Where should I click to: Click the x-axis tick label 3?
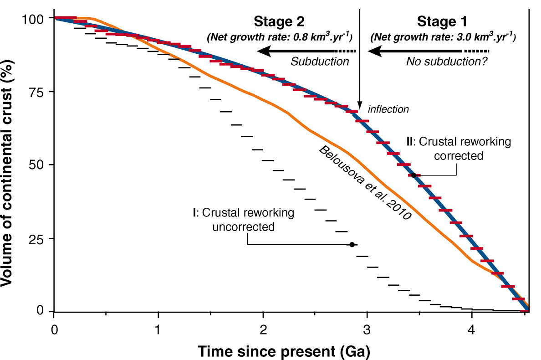367,328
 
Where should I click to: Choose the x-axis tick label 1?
158,328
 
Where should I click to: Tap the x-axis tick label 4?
471,328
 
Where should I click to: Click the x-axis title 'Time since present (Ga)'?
283,351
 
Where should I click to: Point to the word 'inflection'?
388,109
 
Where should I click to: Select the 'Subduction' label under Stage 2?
320,62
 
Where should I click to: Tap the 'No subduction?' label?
447,62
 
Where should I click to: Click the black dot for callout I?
352,245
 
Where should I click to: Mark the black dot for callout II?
413,175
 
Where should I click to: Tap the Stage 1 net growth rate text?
443,37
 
